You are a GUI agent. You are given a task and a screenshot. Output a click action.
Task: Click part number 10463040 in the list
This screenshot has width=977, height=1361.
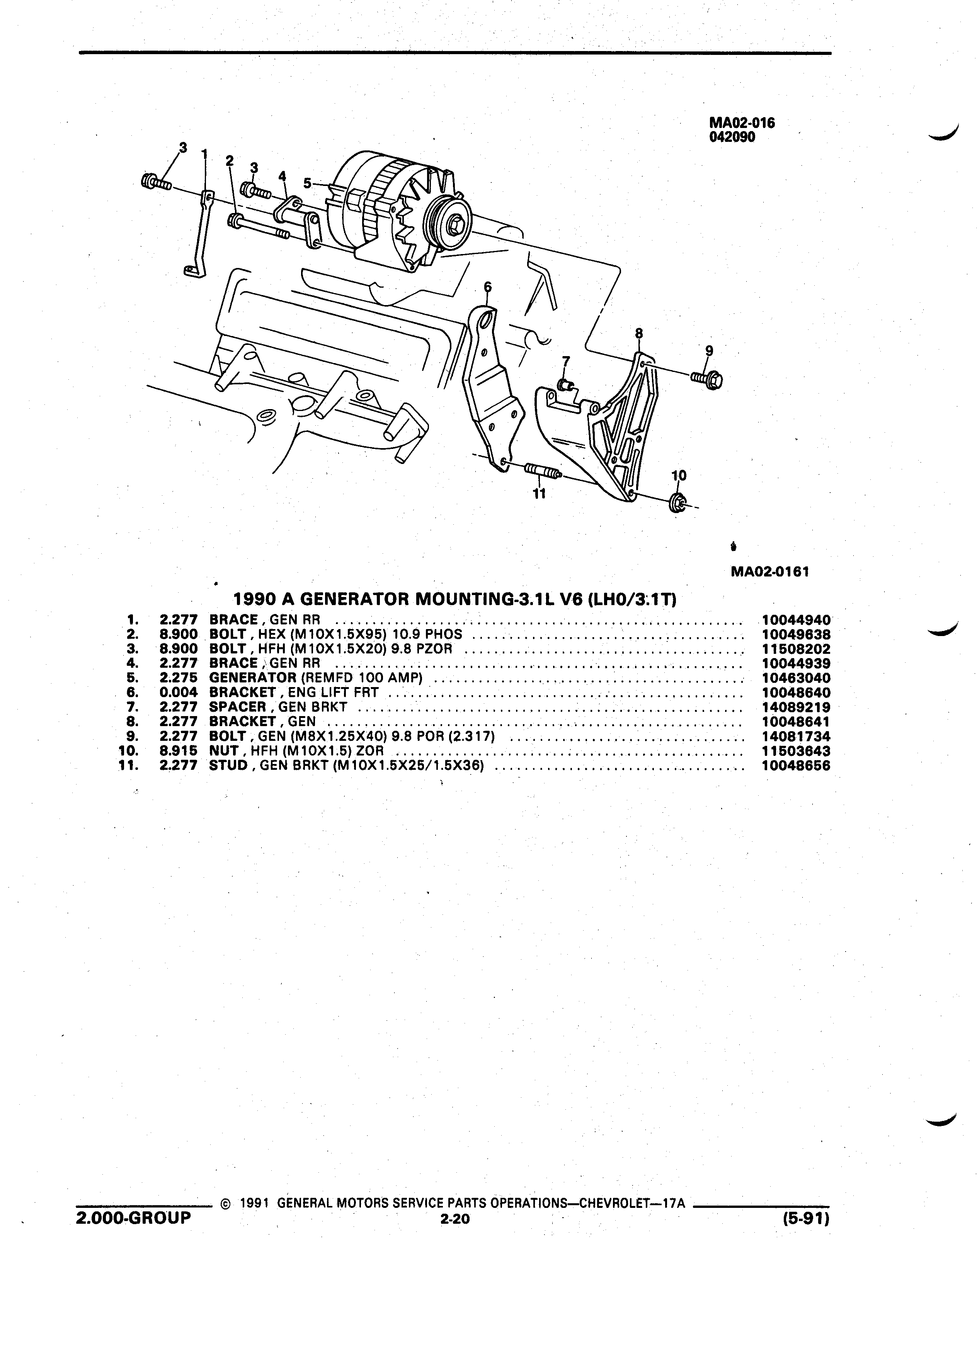click(x=796, y=678)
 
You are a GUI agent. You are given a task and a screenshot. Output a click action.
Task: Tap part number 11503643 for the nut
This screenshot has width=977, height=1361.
click(x=796, y=751)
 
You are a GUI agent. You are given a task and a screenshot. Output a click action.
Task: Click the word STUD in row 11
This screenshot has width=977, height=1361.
click(x=228, y=765)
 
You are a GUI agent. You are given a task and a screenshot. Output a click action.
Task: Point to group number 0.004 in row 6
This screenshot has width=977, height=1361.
click(x=179, y=692)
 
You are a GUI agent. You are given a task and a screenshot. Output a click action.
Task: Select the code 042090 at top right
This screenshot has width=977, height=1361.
click(x=732, y=137)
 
